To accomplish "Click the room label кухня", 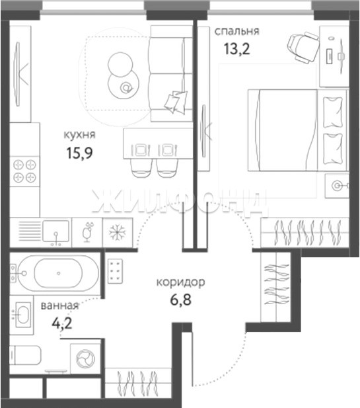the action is pos(79,135).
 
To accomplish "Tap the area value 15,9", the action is pos(79,153).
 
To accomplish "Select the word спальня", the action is pos(236,31).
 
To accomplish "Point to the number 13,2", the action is pos(236,49).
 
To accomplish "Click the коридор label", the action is pos(180,282).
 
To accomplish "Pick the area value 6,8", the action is pos(180,300).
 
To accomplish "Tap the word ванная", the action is pos(59,306).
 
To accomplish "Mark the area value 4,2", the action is pos(62,323).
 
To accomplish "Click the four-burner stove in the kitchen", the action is pos(24,171).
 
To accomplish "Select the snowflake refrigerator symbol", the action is pos(118,232).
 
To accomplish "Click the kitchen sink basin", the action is pos(56,231).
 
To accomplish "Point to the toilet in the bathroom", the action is pos(25,355).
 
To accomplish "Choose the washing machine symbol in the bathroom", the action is pos(85,359).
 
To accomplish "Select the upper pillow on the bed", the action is pos(333,112).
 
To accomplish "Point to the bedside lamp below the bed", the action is pos(337,186).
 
